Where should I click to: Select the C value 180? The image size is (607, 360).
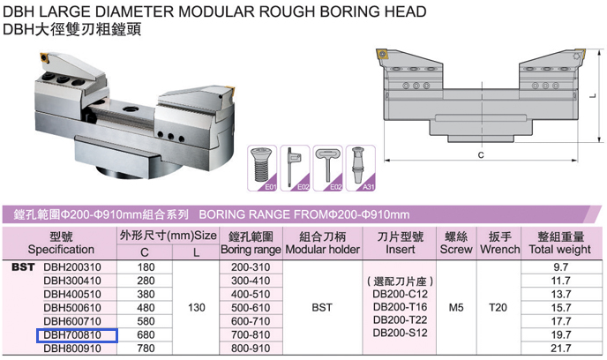point(146,267)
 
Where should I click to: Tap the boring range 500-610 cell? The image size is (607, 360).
point(251,308)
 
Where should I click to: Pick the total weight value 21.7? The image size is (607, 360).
point(561,349)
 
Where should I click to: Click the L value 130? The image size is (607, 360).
point(196,308)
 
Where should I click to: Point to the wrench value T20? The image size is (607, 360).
point(498,308)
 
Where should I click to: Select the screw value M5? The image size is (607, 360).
point(456,308)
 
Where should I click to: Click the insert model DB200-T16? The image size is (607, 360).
point(401,307)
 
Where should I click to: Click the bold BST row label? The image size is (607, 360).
point(23,267)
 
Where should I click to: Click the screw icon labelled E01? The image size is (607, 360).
point(262,168)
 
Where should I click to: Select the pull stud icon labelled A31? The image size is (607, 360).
point(360,168)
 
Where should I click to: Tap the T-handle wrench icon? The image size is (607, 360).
point(327,168)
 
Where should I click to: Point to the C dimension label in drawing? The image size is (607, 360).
point(481,154)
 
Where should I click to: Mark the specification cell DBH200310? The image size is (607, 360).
point(72,267)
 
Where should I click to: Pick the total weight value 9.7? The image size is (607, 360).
point(561,267)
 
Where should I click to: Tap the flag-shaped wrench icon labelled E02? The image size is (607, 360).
point(295,168)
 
